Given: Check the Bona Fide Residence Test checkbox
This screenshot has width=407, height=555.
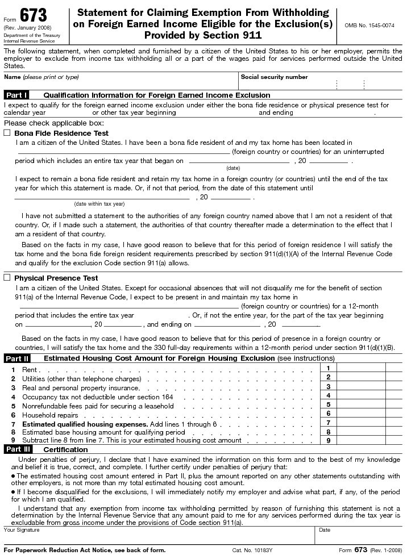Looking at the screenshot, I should point(7,133).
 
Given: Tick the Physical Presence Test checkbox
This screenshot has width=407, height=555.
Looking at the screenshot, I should point(7,278).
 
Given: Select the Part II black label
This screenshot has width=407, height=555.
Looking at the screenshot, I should point(17,358).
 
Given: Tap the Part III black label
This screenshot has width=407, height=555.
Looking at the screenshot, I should point(18,449).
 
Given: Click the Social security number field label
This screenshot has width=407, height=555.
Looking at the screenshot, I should point(274,77).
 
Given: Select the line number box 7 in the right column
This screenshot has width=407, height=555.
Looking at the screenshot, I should point(329,423).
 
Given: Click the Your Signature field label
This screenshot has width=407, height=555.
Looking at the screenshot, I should point(22,529).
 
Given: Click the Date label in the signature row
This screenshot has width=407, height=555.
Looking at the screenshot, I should point(325,529).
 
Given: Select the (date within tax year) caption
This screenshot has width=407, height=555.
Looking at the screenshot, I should point(99,203).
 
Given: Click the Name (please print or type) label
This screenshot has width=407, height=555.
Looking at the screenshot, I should point(41,77).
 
